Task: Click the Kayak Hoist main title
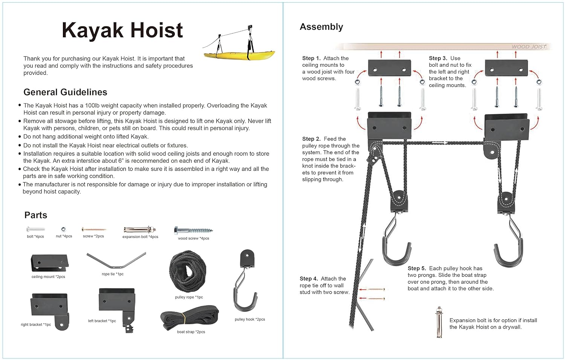[x=122, y=30]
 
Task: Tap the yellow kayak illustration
[x=239, y=55]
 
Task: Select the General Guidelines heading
[x=65, y=92]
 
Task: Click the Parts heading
[x=36, y=215]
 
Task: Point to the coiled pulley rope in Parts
[x=188, y=272]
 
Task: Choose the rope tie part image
[x=116, y=261]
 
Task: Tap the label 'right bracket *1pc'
[x=36, y=325]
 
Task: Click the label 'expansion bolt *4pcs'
[x=140, y=237]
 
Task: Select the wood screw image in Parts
[x=193, y=230]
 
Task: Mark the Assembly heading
[x=321, y=27]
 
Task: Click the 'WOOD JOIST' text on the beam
[x=528, y=47]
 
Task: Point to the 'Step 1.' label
[x=311, y=58]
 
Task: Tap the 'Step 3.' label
[x=438, y=58]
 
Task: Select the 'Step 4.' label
[x=309, y=279]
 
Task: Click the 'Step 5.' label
[x=417, y=268]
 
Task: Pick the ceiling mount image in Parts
[x=49, y=262]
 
